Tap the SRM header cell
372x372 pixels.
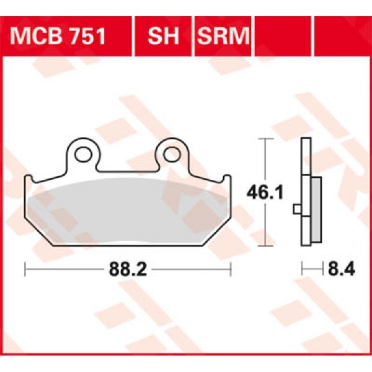[x=222, y=37]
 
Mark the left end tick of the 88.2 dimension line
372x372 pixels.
[x=25, y=269]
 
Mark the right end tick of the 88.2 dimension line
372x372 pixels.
[x=231, y=269]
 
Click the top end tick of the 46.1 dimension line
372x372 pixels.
[x=265, y=140]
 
